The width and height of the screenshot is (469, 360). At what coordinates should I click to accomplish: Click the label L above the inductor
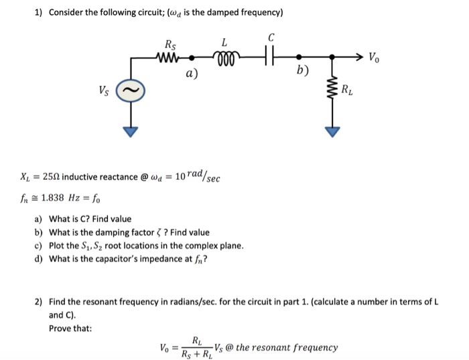tap(225, 42)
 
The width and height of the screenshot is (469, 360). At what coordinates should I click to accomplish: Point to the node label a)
tap(192, 74)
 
